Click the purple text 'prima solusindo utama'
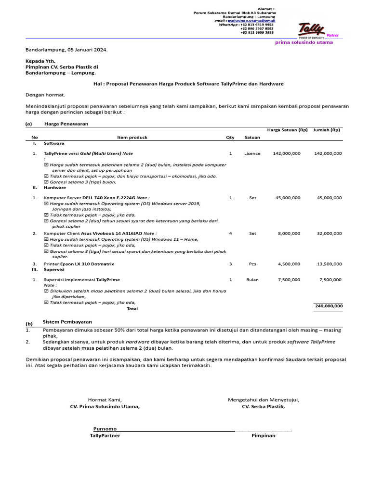click(x=304, y=42)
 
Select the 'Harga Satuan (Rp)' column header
click(x=287, y=130)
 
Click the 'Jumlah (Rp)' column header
click(x=327, y=130)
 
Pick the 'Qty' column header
click(x=230, y=137)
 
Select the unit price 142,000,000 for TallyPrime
click(x=287, y=153)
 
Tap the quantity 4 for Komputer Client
click(x=230, y=233)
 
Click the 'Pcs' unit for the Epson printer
click(x=252, y=264)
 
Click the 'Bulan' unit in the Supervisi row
click(x=252, y=280)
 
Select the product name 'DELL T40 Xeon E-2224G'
click(x=109, y=198)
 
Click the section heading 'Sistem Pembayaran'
click(x=67, y=322)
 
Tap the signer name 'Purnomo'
click(x=105, y=429)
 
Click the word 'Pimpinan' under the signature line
click(x=263, y=436)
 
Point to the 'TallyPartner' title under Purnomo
click(x=105, y=436)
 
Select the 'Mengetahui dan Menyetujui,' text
click(x=263, y=400)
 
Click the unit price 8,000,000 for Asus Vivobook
click(x=290, y=233)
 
